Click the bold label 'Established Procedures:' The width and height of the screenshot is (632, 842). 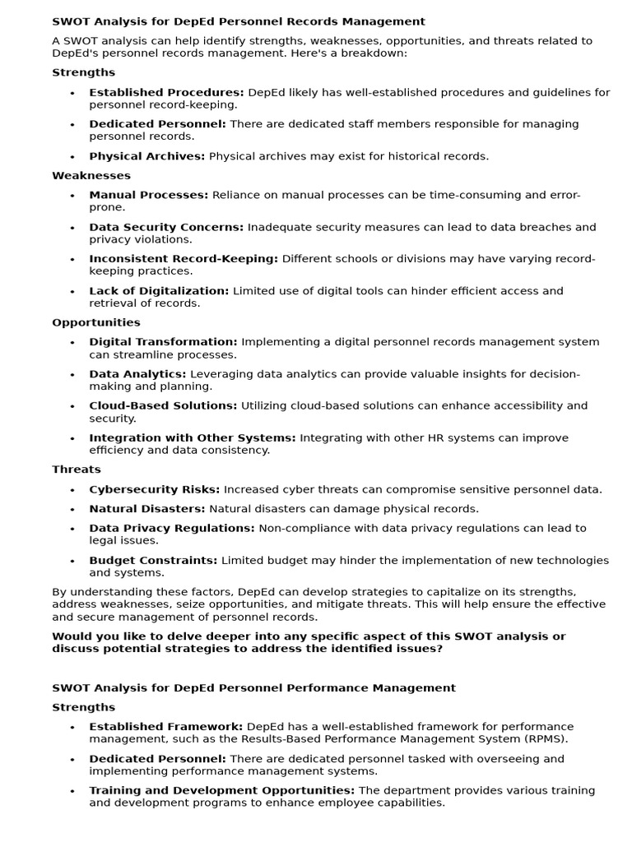click(166, 92)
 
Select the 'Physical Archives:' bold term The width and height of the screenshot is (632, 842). click(147, 155)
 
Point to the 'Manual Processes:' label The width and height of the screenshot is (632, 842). click(149, 195)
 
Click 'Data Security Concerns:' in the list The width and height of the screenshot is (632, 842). click(166, 227)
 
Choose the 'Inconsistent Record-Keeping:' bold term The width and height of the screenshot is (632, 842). click(184, 258)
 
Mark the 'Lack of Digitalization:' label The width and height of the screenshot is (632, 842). click(159, 290)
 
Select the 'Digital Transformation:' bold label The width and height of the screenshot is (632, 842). click(163, 342)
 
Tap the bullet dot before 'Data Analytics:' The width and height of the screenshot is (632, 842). click(72, 374)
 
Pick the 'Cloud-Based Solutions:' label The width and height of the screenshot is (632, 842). click(163, 405)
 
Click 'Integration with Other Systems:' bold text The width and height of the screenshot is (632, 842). click(193, 437)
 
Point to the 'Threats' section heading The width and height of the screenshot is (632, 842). click(77, 470)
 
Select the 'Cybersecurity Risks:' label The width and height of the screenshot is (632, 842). click(155, 489)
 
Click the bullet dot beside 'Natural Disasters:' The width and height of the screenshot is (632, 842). click(72, 509)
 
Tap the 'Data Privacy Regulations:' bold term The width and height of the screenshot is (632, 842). click(172, 528)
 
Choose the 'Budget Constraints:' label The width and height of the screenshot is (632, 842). click(153, 560)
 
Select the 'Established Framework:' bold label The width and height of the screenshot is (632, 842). click(166, 726)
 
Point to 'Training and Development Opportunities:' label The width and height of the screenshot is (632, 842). click(222, 790)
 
